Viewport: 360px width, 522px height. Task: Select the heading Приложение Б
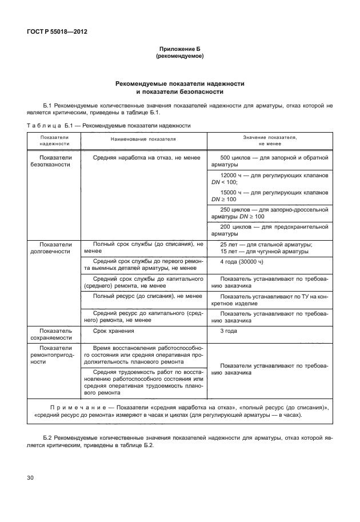coord(180,50)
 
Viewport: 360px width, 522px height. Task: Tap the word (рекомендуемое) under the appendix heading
coord(180,57)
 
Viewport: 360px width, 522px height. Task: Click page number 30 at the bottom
coord(31,476)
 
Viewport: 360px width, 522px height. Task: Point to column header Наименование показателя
coord(143,139)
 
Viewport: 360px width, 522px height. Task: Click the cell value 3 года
coord(229,330)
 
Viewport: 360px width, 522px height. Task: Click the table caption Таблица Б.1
coord(48,125)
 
